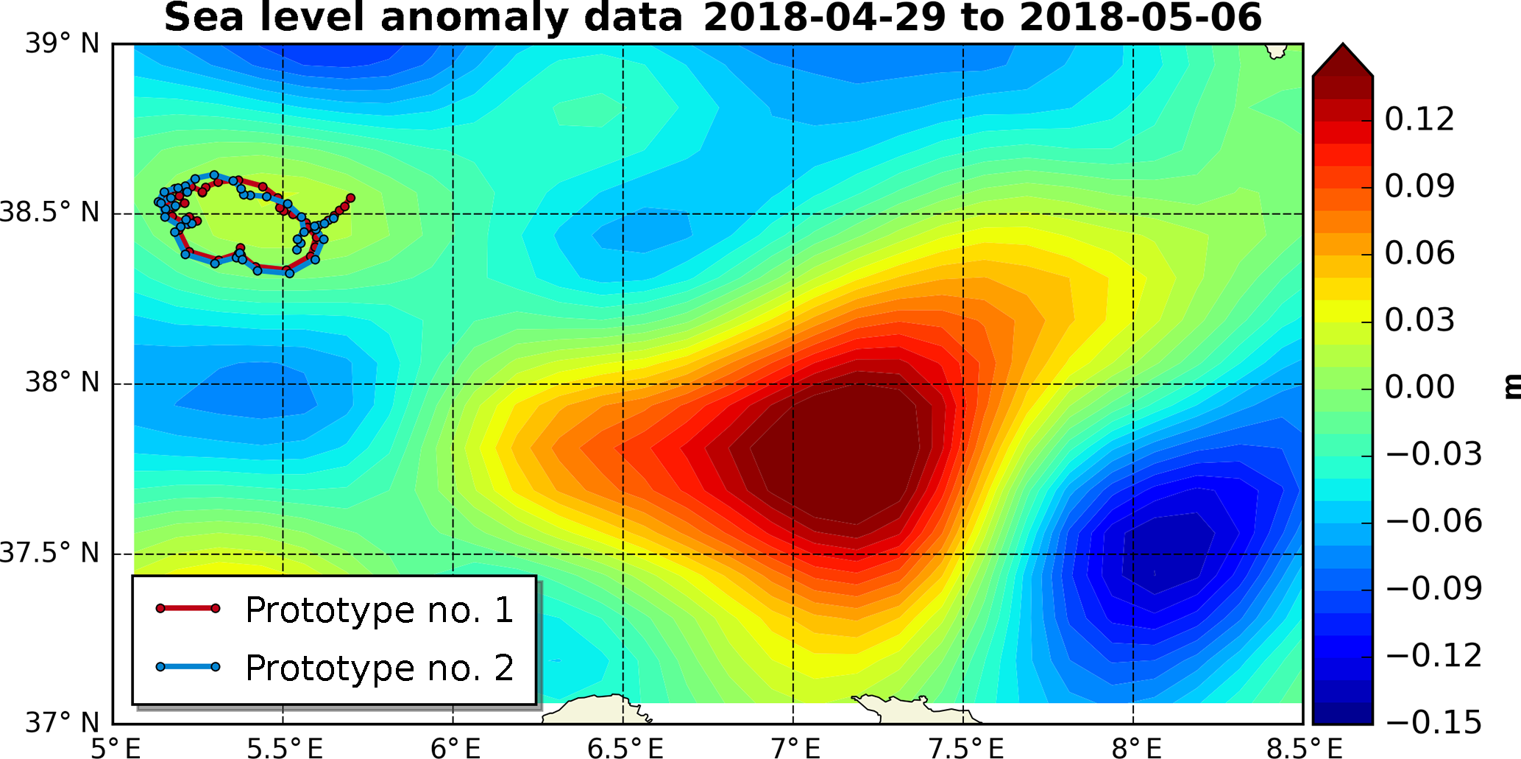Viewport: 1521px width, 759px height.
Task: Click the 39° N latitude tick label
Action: (62, 44)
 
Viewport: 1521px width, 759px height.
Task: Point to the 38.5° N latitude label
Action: (49, 213)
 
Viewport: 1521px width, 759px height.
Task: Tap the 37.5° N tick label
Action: (49, 553)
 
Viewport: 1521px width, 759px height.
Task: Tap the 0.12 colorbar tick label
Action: (1419, 119)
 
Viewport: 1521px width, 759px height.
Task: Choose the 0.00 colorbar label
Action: (1419, 387)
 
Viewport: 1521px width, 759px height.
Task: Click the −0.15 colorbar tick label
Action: (1433, 722)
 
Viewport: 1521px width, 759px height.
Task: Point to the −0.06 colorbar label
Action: (1433, 521)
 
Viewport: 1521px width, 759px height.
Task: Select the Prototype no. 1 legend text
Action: (379, 610)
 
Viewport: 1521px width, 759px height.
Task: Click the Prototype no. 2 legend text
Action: (379, 668)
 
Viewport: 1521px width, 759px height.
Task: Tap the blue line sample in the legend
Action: (188, 667)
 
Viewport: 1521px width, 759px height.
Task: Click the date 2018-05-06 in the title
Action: (1141, 18)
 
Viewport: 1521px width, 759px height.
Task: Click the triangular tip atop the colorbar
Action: (1342, 56)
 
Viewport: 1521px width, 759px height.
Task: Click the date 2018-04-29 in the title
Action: (824, 18)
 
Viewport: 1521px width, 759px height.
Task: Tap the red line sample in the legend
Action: (188, 608)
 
